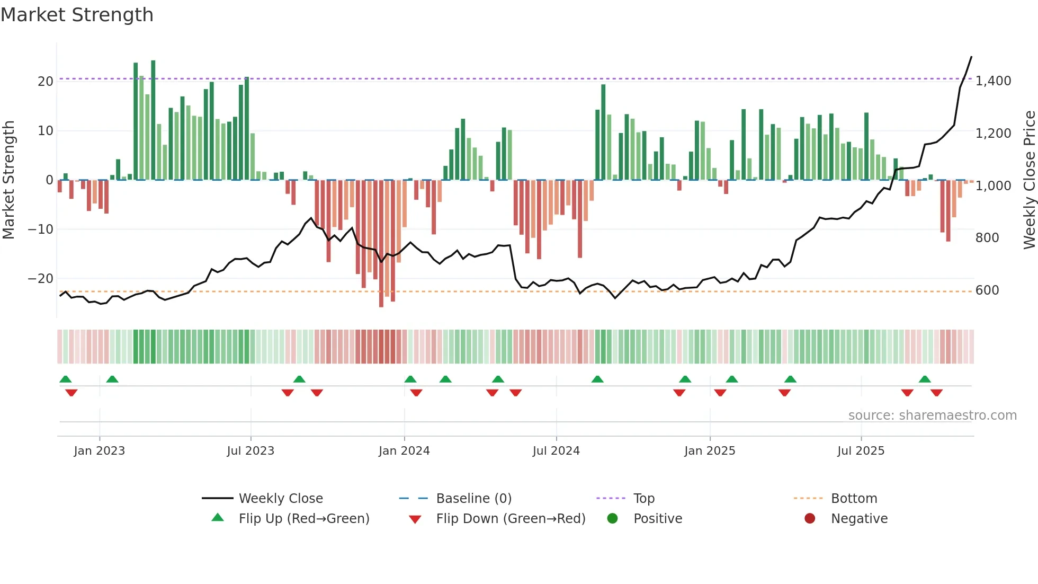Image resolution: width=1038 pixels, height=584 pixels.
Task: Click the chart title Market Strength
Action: (x=77, y=15)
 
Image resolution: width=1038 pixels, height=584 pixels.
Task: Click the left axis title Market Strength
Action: (x=9, y=180)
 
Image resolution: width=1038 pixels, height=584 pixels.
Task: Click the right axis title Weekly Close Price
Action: (x=1029, y=180)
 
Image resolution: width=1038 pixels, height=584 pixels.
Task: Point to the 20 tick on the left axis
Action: (x=45, y=81)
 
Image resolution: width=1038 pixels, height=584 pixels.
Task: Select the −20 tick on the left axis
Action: (x=41, y=279)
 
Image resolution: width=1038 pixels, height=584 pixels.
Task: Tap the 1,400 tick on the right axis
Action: (x=993, y=81)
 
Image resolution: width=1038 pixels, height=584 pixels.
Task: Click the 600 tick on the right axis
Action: (x=987, y=290)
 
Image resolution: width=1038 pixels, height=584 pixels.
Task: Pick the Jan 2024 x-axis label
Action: (x=404, y=451)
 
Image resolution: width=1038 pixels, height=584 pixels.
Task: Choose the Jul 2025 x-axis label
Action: (x=861, y=451)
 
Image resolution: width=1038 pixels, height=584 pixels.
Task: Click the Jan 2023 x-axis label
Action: (x=99, y=451)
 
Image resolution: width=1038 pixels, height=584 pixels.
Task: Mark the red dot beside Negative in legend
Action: (x=809, y=519)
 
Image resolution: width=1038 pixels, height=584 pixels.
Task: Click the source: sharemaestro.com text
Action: (x=932, y=415)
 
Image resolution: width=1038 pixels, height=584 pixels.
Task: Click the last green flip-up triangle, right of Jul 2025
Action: (x=925, y=379)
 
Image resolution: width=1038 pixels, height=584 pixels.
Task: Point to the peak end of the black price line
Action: (x=971, y=57)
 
